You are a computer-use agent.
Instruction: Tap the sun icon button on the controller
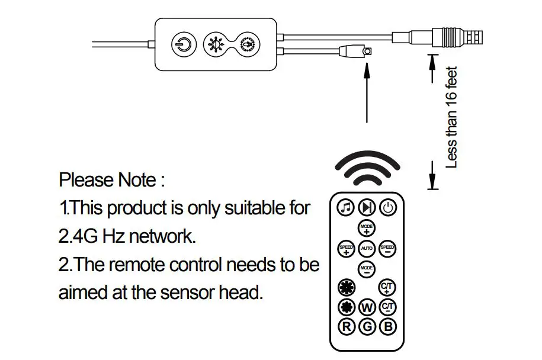[x=213, y=45]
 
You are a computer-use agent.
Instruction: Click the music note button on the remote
[x=346, y=207]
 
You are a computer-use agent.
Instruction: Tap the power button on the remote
[x=388, y=207]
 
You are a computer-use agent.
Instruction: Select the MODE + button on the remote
[x=367, y=228]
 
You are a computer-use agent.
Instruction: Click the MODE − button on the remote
[x=367, y=269]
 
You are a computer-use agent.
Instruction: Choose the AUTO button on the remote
[x=367, y=249]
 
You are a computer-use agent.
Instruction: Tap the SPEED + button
[x=346, y=249]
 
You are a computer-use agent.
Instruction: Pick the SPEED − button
[x=387, y=249]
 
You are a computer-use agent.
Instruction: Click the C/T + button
[x=387, y=287]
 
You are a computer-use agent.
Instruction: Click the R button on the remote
[x=346, y=326]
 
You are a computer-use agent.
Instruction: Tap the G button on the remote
[x=367, y=326]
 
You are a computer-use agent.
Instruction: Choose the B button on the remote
[x=388, y=326]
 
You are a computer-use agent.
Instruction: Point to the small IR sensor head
[x=367, y=52]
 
